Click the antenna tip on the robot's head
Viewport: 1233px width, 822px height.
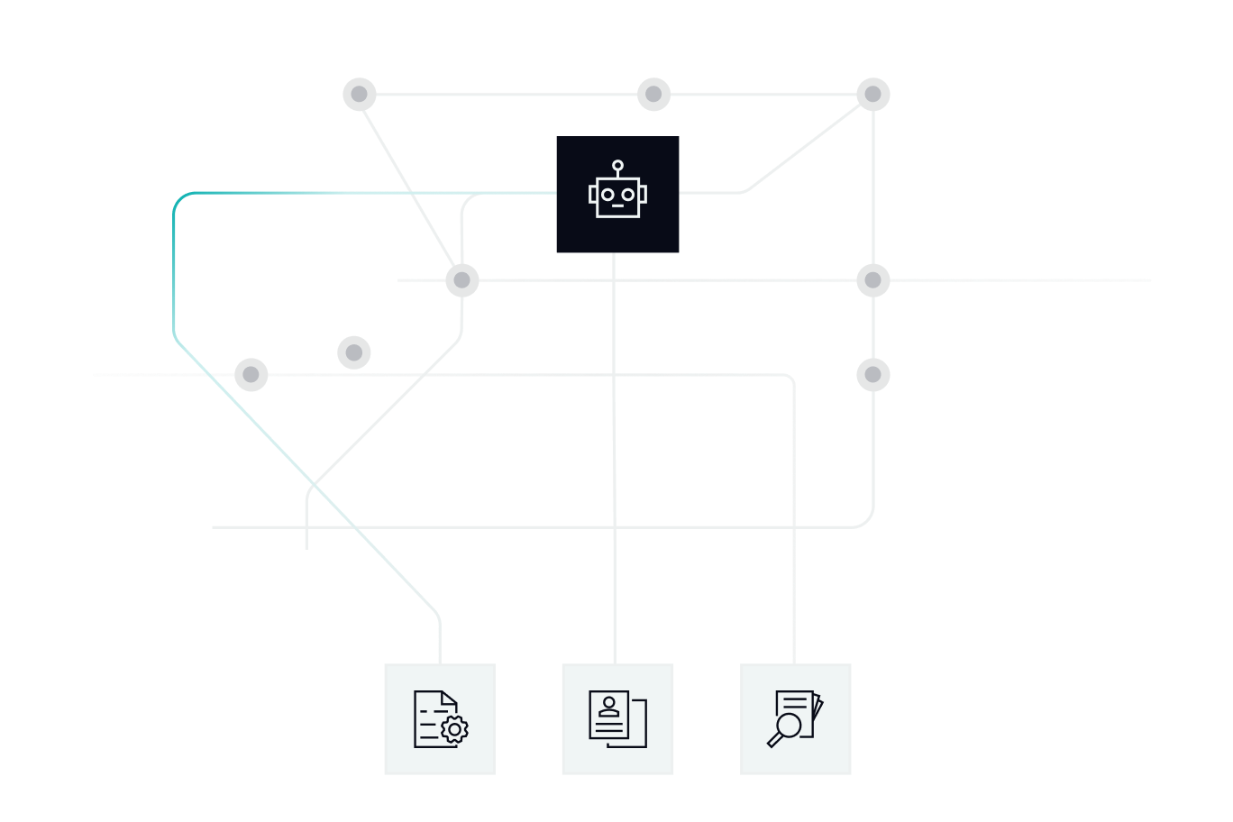(617, 165)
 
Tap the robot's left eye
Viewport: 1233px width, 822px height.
(607, 194)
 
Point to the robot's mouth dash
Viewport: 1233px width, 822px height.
(618, 206)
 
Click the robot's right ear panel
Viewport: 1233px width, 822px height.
(644, 194)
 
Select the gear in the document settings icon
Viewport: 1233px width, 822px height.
(455, 730)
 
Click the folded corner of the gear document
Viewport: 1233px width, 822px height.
(451, 698)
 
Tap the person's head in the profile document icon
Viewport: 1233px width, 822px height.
(609, 701)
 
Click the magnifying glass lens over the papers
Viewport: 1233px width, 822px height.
(790, 726)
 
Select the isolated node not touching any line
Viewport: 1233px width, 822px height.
(354, 352)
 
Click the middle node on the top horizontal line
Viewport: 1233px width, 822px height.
(653, 95)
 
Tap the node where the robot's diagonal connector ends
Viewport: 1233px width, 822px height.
(872, 95)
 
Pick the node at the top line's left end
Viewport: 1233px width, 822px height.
(360, 95)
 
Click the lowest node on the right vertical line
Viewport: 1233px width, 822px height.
(872, 375)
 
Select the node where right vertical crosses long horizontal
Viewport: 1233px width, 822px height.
(872, 280)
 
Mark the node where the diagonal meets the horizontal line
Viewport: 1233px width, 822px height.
(461, 280)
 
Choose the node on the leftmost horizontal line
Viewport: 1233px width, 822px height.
(251, 375)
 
